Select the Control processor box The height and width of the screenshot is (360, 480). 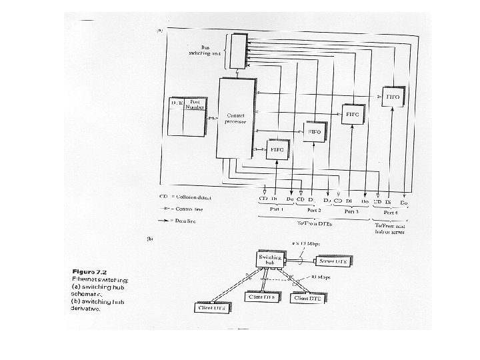(x=238, y=118)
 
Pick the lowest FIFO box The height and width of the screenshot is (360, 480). (x=277, y=149)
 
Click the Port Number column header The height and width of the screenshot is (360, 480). (x=195, y=105)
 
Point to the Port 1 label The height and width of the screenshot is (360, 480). (x=276, y=210)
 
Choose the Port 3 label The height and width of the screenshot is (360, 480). (x=351, y=211)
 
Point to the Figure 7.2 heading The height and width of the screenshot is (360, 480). (x=93, y=271)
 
